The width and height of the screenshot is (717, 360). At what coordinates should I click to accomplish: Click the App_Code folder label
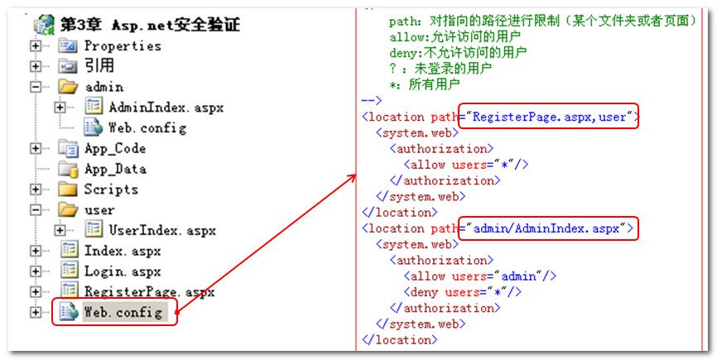coord(114,149)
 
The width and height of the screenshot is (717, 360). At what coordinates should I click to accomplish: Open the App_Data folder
coord(115,169)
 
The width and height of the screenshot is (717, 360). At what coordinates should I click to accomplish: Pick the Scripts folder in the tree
coord(111,190)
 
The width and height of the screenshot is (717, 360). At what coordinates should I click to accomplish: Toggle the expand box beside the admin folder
coord(36,87)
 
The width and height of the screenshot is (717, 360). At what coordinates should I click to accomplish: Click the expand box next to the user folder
coord(36,210)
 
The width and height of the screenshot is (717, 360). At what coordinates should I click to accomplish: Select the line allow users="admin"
coord(479,276)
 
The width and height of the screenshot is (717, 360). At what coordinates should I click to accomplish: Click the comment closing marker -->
coord(372,100)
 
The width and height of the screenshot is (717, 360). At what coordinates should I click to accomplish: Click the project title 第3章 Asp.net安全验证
coord(149,26)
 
